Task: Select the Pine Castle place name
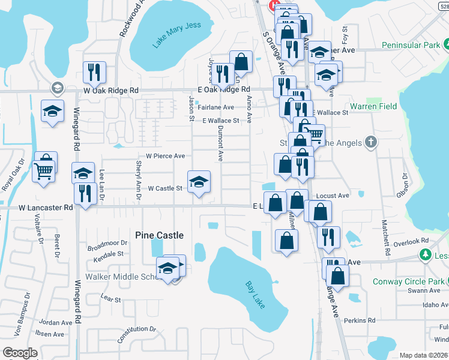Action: [159, 235]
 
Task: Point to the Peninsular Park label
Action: [410, 45]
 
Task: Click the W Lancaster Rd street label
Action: [46, 208]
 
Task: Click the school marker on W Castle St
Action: [199, 181]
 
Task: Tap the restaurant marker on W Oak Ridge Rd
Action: [94, 72]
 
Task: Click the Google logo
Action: [19, 353]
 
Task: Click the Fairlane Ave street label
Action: [216, 107]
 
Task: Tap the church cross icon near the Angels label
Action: [371, 142]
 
